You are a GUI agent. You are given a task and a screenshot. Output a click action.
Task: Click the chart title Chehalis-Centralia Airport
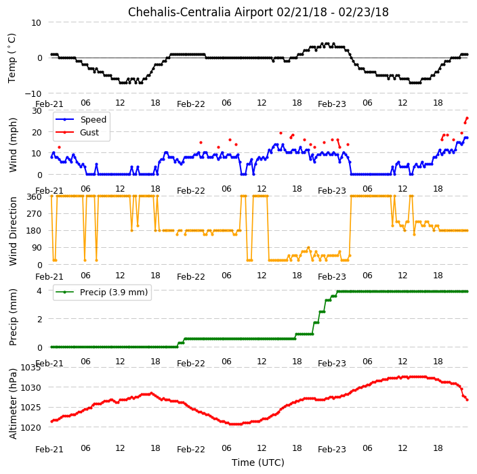(x=201, y=12)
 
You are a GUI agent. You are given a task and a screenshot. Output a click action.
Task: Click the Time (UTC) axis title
(x=258, y=462)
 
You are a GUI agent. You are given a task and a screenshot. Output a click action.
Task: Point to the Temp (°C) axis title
(x=12, y=58)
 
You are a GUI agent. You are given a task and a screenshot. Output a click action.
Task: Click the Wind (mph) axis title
(x=13, y=145)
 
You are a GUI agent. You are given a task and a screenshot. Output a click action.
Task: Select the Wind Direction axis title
(x=13, y=231)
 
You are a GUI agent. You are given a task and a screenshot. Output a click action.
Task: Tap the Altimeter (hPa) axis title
(x=13, y=404)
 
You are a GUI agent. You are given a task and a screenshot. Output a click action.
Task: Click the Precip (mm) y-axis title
(x=13, y=317)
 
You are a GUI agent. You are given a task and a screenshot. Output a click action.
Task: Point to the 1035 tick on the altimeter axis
(x=30, y=368)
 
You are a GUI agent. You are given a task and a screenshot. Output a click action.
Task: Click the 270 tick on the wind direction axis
(x=34, y=214)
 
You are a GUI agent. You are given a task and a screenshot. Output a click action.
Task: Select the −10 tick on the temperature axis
(x=33, y=93)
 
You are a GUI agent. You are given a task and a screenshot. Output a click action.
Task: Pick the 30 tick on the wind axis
(x=37, y=111)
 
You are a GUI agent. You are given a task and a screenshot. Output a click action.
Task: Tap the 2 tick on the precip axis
(x=39, y=319)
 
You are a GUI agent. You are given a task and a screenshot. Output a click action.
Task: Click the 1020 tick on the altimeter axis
(x=30, y=427)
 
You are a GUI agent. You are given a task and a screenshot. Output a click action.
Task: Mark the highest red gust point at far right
(x=468, y=118)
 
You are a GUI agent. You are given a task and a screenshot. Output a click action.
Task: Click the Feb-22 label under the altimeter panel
(x=191, y=450)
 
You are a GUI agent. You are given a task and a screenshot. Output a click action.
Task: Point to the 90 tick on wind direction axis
(x=37, y=248)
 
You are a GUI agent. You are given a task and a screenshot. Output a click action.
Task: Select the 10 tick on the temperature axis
(x=36, y=23)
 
